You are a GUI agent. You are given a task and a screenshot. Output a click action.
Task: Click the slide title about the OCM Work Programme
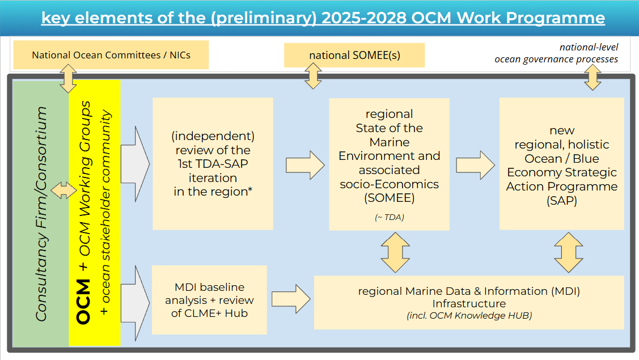point(323,18)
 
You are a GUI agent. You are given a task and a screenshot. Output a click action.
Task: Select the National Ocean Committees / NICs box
point(111,54)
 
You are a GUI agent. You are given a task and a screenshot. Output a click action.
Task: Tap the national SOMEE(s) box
point(354,55)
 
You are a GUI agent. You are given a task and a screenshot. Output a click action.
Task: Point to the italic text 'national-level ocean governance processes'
point(556,53)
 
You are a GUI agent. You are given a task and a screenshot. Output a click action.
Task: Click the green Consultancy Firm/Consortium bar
point(41,213)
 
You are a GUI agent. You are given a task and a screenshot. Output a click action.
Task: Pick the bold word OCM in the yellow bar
point(83,302)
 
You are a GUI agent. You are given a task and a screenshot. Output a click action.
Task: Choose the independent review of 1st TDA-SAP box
point(213,163)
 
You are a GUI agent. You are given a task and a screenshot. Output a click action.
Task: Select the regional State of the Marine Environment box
point(389,164)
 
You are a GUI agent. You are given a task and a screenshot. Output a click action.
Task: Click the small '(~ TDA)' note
point(389,217)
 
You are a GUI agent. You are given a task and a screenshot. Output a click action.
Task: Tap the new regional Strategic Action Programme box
point(561,163)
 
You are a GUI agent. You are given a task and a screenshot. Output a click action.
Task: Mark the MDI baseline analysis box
point(209,300)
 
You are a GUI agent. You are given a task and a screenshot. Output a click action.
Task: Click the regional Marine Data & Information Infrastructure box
point(469,303)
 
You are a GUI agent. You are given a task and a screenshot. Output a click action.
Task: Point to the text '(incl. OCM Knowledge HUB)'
point(469,316)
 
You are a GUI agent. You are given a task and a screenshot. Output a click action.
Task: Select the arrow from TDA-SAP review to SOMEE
point(305,165)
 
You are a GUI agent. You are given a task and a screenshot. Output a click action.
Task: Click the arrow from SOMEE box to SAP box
point(475,165)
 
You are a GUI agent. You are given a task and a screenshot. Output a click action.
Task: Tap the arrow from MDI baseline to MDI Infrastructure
point(291,299)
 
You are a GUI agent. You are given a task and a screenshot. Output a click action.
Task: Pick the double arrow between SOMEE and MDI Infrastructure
point(395,253)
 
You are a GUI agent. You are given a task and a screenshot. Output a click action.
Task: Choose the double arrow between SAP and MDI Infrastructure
point(569,253)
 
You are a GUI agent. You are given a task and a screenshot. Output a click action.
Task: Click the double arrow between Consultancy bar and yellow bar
point(64,190)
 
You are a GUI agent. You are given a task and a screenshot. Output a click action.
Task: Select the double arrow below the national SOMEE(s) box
point(313,76)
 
